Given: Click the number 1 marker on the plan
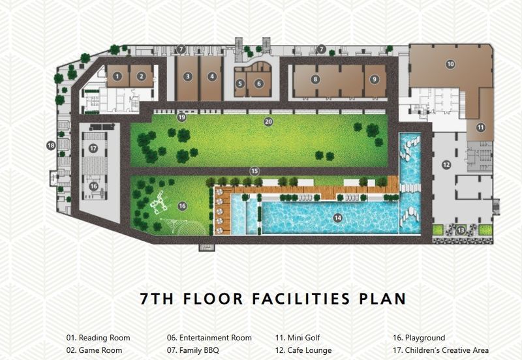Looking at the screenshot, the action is point(117,76).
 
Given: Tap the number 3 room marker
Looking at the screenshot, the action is point(188,76).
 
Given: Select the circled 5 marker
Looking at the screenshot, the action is point(240,83).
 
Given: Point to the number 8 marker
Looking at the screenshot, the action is point(315,79).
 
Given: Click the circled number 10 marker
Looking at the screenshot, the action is point(450,64).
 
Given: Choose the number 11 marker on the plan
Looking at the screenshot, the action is point(480,127).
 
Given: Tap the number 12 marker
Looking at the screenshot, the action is point(446,164).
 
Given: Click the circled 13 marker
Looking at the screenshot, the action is point(461,230).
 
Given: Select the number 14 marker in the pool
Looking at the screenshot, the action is point(337,218).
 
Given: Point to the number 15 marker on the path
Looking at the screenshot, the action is point(254,171).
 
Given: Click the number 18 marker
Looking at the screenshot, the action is point(51,145).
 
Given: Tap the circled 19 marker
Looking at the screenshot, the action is point(181,117).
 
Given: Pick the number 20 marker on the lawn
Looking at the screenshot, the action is point(268,122).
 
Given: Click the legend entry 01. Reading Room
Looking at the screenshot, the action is point(99,338).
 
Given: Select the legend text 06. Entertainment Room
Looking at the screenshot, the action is point(209,338).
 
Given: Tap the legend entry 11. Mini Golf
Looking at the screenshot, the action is point(298,338).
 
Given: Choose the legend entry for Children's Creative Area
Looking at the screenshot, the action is point(441,350).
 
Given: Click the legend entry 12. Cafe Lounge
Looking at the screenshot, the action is point(303,350).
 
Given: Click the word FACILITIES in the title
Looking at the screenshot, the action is point(301,299).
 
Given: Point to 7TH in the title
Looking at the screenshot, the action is point(157,299).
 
